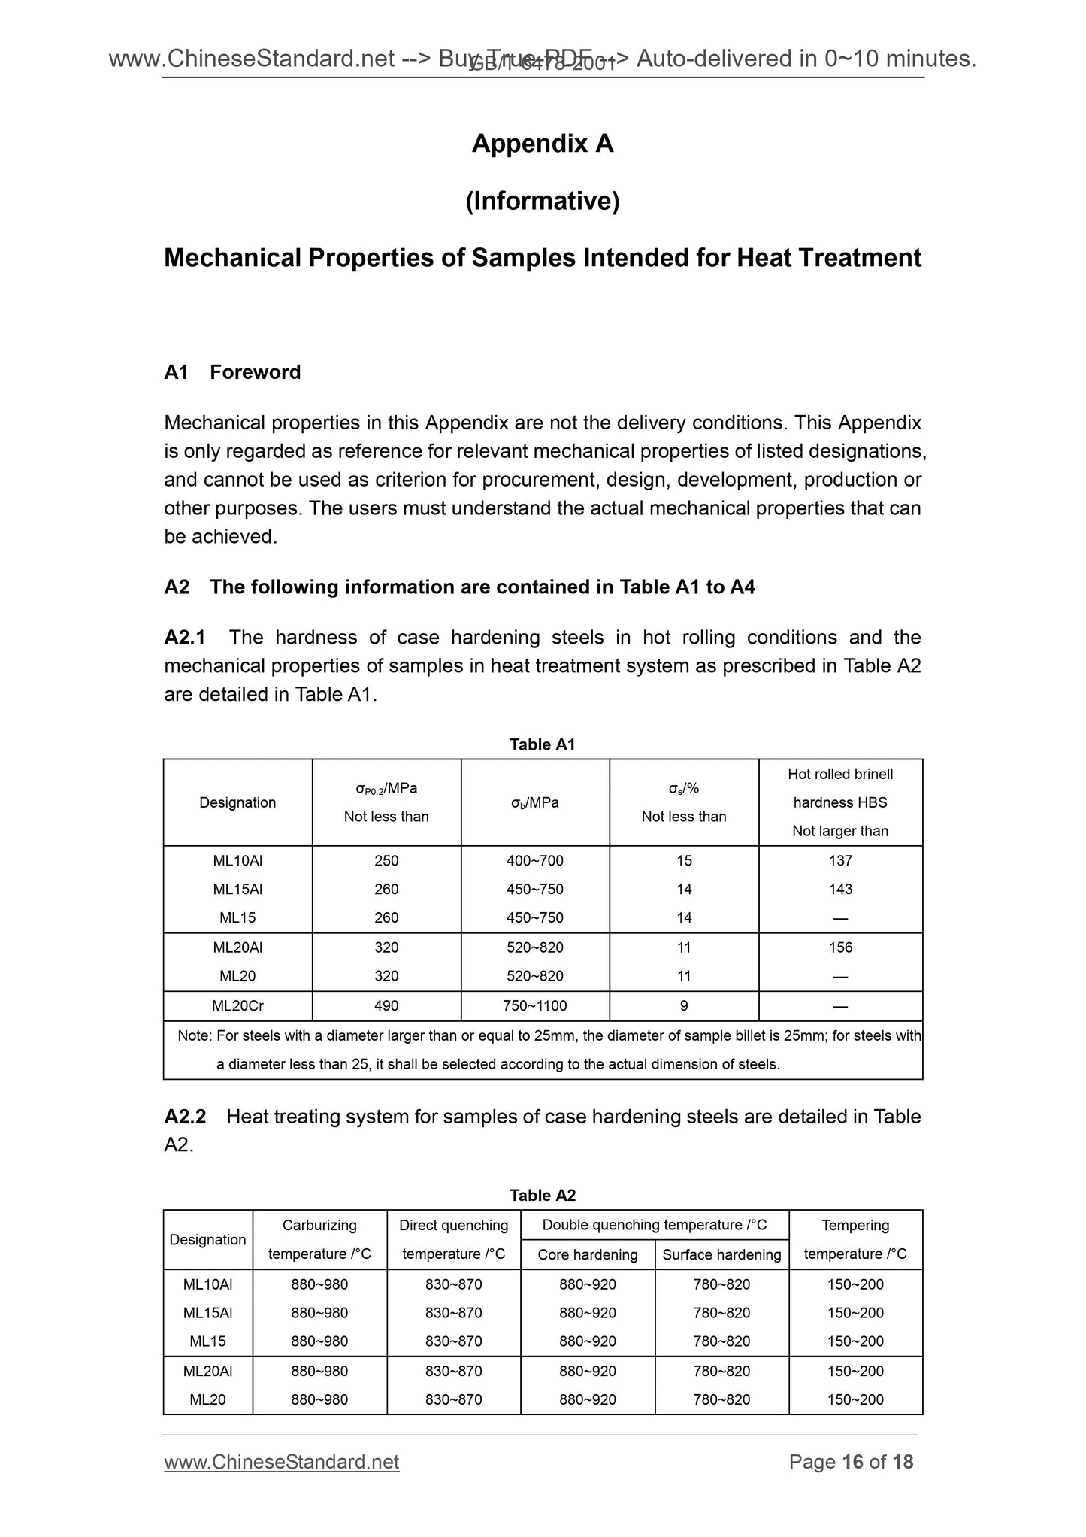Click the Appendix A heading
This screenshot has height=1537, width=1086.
point(542,144)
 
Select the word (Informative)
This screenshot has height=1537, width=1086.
point(542,201)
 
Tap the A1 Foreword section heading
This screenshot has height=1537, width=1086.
point(232,372)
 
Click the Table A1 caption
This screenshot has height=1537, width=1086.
point(542,744)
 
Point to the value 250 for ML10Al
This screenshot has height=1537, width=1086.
point(386,860)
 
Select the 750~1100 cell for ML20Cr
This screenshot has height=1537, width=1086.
point(535,1005)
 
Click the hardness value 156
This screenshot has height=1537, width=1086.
point(840,947)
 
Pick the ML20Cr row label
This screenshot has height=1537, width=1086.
point(237,1005)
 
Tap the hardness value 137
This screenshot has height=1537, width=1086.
point(840,860)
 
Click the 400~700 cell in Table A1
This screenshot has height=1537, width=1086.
point(535,860)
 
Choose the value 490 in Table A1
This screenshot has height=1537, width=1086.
point(386,1005)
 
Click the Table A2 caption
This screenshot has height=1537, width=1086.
point(542,1196)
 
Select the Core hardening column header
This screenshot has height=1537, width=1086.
point(587,1254)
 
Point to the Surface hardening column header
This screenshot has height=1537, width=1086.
point(721,1254)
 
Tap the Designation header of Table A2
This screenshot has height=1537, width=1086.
point(207,1239)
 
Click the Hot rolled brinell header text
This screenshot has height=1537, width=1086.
point(840,774)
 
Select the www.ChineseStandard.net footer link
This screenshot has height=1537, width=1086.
point(282,1461)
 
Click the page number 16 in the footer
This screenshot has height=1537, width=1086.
point(852,1461)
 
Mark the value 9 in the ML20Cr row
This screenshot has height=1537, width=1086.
point(684,1005)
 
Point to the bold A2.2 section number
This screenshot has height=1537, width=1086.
point(185,1117)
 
